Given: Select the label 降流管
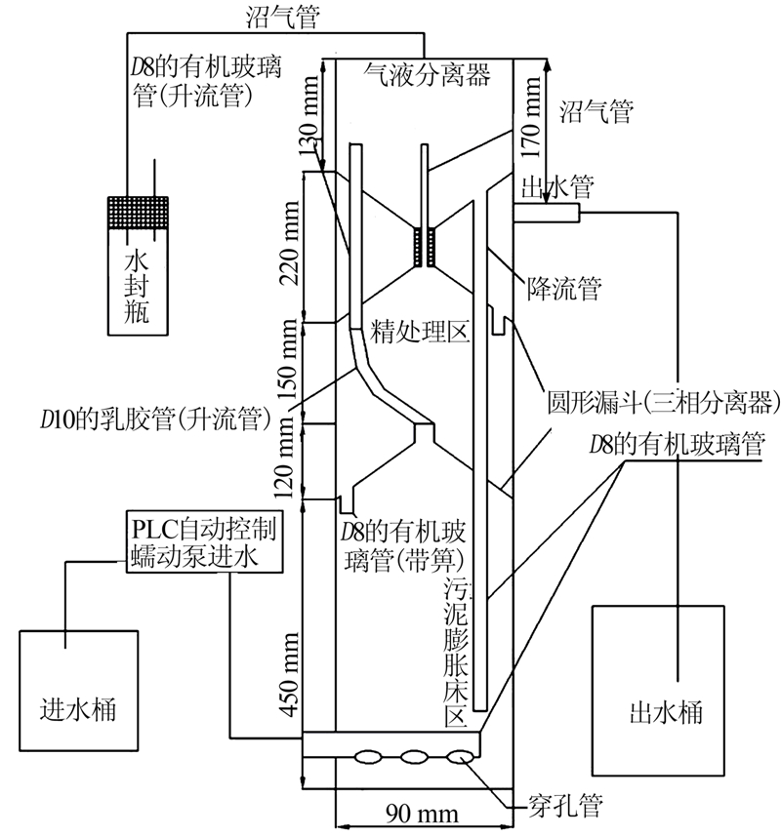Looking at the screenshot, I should [563, 288].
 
